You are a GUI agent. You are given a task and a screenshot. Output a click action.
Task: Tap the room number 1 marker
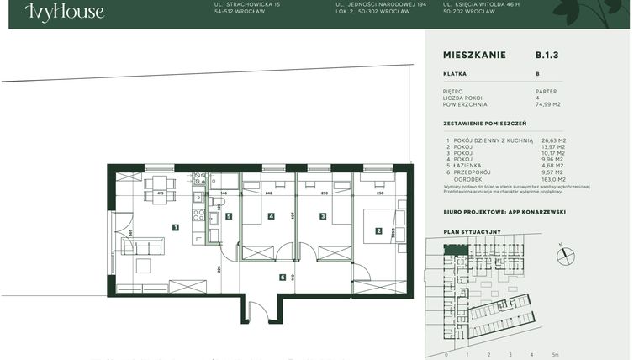[x=175, y=227]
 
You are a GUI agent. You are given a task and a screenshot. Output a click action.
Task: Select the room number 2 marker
[x=378, y=230]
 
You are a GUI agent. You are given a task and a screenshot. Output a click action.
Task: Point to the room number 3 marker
[x=322, y=216]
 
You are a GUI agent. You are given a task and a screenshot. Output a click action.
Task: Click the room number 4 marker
[x=271, y=216]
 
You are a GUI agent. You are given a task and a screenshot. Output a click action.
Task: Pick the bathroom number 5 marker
[x=228, y=216]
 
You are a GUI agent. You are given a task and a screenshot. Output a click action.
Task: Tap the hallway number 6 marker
[x=283, y=276]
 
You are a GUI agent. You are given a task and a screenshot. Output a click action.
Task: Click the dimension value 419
[x=160, y=194]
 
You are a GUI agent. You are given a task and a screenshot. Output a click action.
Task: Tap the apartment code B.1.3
[x=547, y=55]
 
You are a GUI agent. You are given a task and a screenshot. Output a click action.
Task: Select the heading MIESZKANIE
[x=474, y=55]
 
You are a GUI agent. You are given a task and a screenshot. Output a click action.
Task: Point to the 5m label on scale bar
[x=555, y=354]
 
